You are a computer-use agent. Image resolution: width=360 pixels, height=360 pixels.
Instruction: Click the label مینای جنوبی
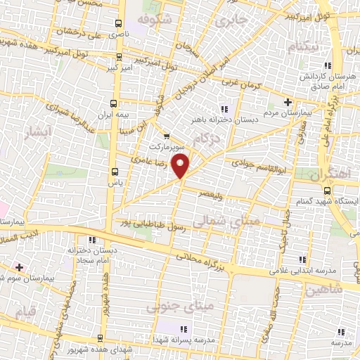172,307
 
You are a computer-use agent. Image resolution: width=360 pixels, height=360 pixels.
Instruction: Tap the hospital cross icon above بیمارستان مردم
288,102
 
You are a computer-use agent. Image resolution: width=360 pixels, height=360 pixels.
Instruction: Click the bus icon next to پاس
115,171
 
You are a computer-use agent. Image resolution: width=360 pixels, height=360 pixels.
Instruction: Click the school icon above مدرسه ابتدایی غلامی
303,259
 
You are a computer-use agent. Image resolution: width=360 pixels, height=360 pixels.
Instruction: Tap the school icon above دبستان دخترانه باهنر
224,108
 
